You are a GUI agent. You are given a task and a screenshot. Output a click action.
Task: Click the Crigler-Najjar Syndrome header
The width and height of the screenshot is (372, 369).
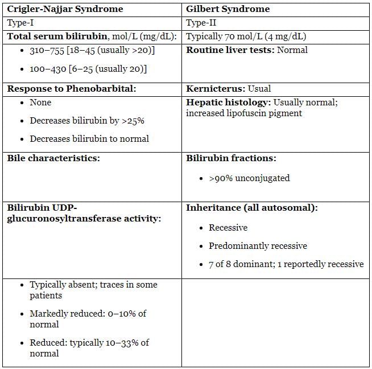coord(65,9)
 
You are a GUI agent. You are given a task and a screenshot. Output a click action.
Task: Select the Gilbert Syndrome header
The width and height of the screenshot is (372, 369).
coord(228,9)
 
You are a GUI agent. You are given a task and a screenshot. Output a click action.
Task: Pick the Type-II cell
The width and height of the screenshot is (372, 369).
coord(202,23)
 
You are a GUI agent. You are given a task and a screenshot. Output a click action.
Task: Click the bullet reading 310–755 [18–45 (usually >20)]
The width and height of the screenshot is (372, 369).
coord(92,51)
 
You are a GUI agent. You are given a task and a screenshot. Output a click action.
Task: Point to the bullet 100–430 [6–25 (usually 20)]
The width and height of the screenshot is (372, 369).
coord(88,69)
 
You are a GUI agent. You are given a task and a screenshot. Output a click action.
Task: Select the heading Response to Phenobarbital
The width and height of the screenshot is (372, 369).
coord(72,89)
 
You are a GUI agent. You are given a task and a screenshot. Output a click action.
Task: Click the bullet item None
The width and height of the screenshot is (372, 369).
coord(40,102)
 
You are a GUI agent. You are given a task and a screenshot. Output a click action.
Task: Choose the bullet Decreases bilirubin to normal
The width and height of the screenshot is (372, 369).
coord(89,139)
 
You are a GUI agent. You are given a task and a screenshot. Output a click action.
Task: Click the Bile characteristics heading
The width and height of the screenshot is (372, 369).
coord(53,158)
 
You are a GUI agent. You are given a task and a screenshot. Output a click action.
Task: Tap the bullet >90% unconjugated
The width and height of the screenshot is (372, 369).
coord(249,178)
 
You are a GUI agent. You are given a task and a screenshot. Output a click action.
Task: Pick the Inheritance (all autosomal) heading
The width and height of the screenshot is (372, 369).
coord(252,208)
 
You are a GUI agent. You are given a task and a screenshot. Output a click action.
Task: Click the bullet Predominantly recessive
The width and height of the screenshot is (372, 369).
coord(258,246)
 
